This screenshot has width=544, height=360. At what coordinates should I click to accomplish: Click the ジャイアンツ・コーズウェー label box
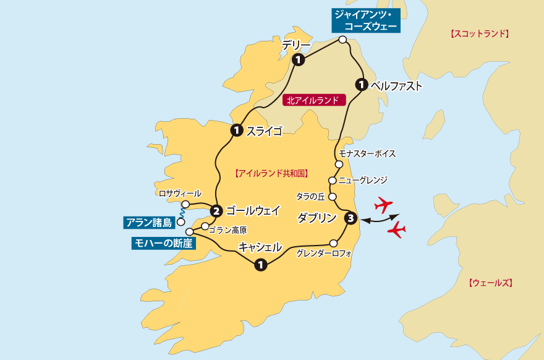coord(365,19)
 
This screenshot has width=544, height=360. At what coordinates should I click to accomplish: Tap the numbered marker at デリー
coord(299,60)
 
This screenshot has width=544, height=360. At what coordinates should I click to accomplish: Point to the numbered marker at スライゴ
coord(236,131)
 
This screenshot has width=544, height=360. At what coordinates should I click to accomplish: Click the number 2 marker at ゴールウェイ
coord(216,210)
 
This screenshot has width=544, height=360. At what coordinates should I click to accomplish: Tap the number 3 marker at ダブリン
coord(351,218)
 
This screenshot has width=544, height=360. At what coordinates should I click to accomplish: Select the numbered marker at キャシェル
coord(261,265)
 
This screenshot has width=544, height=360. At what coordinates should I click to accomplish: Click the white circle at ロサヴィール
coord(185,204)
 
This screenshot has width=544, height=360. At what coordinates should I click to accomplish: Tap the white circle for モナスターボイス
coord(339,165)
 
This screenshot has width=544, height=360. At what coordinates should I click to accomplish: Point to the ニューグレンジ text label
coord(363,180)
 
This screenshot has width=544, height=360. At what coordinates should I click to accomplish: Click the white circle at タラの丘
coord(332,197)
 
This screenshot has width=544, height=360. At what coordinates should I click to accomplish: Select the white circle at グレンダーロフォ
coord(334,242)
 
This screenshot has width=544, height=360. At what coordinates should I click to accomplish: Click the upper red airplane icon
coord(384,204)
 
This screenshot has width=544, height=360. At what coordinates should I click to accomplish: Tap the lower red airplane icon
coord(396,231)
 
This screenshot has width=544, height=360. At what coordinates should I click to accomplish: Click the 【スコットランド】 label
coord(480,34)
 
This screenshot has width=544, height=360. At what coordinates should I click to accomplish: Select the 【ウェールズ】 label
coord(491,283)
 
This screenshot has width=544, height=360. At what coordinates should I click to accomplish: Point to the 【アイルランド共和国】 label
coord(272,174)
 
